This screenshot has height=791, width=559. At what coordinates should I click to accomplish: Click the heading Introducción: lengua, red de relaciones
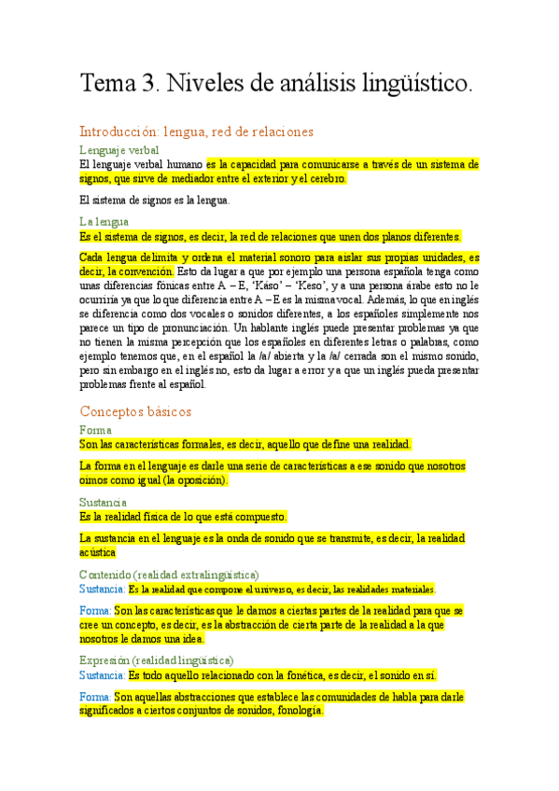coord(196,132)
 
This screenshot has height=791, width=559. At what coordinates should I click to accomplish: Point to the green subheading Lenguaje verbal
coord(119,149)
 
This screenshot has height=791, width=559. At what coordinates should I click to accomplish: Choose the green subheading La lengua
coord(105,221)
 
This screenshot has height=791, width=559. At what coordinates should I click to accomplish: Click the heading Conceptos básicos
coord(136,410)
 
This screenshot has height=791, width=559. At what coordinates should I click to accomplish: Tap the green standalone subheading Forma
coord(96,430)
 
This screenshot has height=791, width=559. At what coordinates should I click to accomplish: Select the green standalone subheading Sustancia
coord(105,502)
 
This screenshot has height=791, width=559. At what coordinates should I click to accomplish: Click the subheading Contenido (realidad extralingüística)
coord(170,574)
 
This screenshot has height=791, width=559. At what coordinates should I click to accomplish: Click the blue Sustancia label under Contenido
coord(102,590)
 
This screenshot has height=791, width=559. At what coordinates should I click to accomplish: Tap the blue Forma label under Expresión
coord(96,697)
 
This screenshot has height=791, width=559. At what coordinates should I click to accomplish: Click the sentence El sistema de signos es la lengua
coord(154,200)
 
